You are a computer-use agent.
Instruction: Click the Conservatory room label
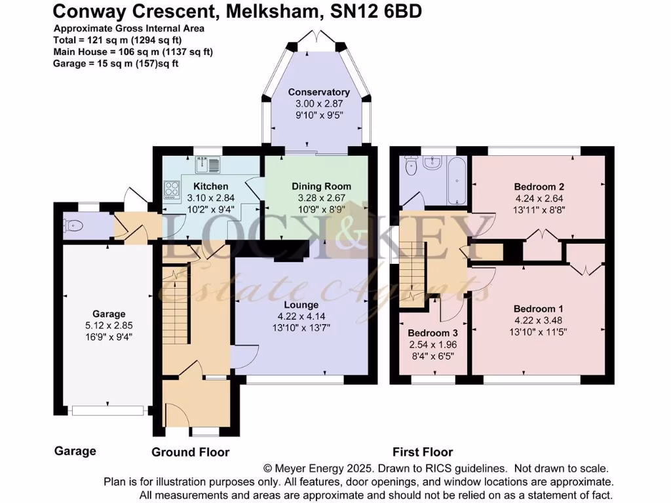tap(319, 92)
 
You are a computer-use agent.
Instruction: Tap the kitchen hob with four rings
tap(172, 189)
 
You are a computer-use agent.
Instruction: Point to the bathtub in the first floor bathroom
tap(456, 179)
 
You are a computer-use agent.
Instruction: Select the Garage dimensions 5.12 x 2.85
tap(109, 326)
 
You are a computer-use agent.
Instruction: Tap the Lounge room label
tap(301, 305)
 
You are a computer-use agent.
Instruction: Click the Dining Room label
tap(321, 186)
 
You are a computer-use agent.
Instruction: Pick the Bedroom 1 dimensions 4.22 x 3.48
tap(538, 320)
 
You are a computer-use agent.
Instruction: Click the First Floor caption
tap(423, 452)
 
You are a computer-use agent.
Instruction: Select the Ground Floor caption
tap(191, 452)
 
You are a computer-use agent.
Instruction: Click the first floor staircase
tap(412, 272)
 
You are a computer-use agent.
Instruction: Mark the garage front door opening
tap(108, 411)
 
